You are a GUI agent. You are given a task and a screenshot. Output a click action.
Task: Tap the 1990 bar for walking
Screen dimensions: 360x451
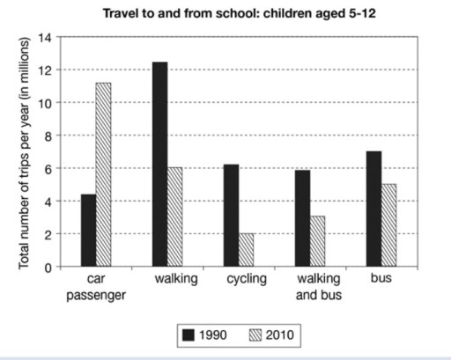coord(159,164)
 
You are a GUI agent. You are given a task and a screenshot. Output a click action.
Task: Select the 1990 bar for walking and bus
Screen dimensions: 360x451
coord(303,217)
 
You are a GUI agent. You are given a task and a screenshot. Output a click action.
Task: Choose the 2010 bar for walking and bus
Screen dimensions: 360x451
coord(319,240)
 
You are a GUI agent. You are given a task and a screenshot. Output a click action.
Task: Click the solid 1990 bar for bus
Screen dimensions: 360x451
coord(374,209)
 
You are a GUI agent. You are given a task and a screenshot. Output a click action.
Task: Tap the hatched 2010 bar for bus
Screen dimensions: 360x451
coord(390,224)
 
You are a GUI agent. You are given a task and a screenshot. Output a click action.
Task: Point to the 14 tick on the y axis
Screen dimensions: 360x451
coord(48,38)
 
